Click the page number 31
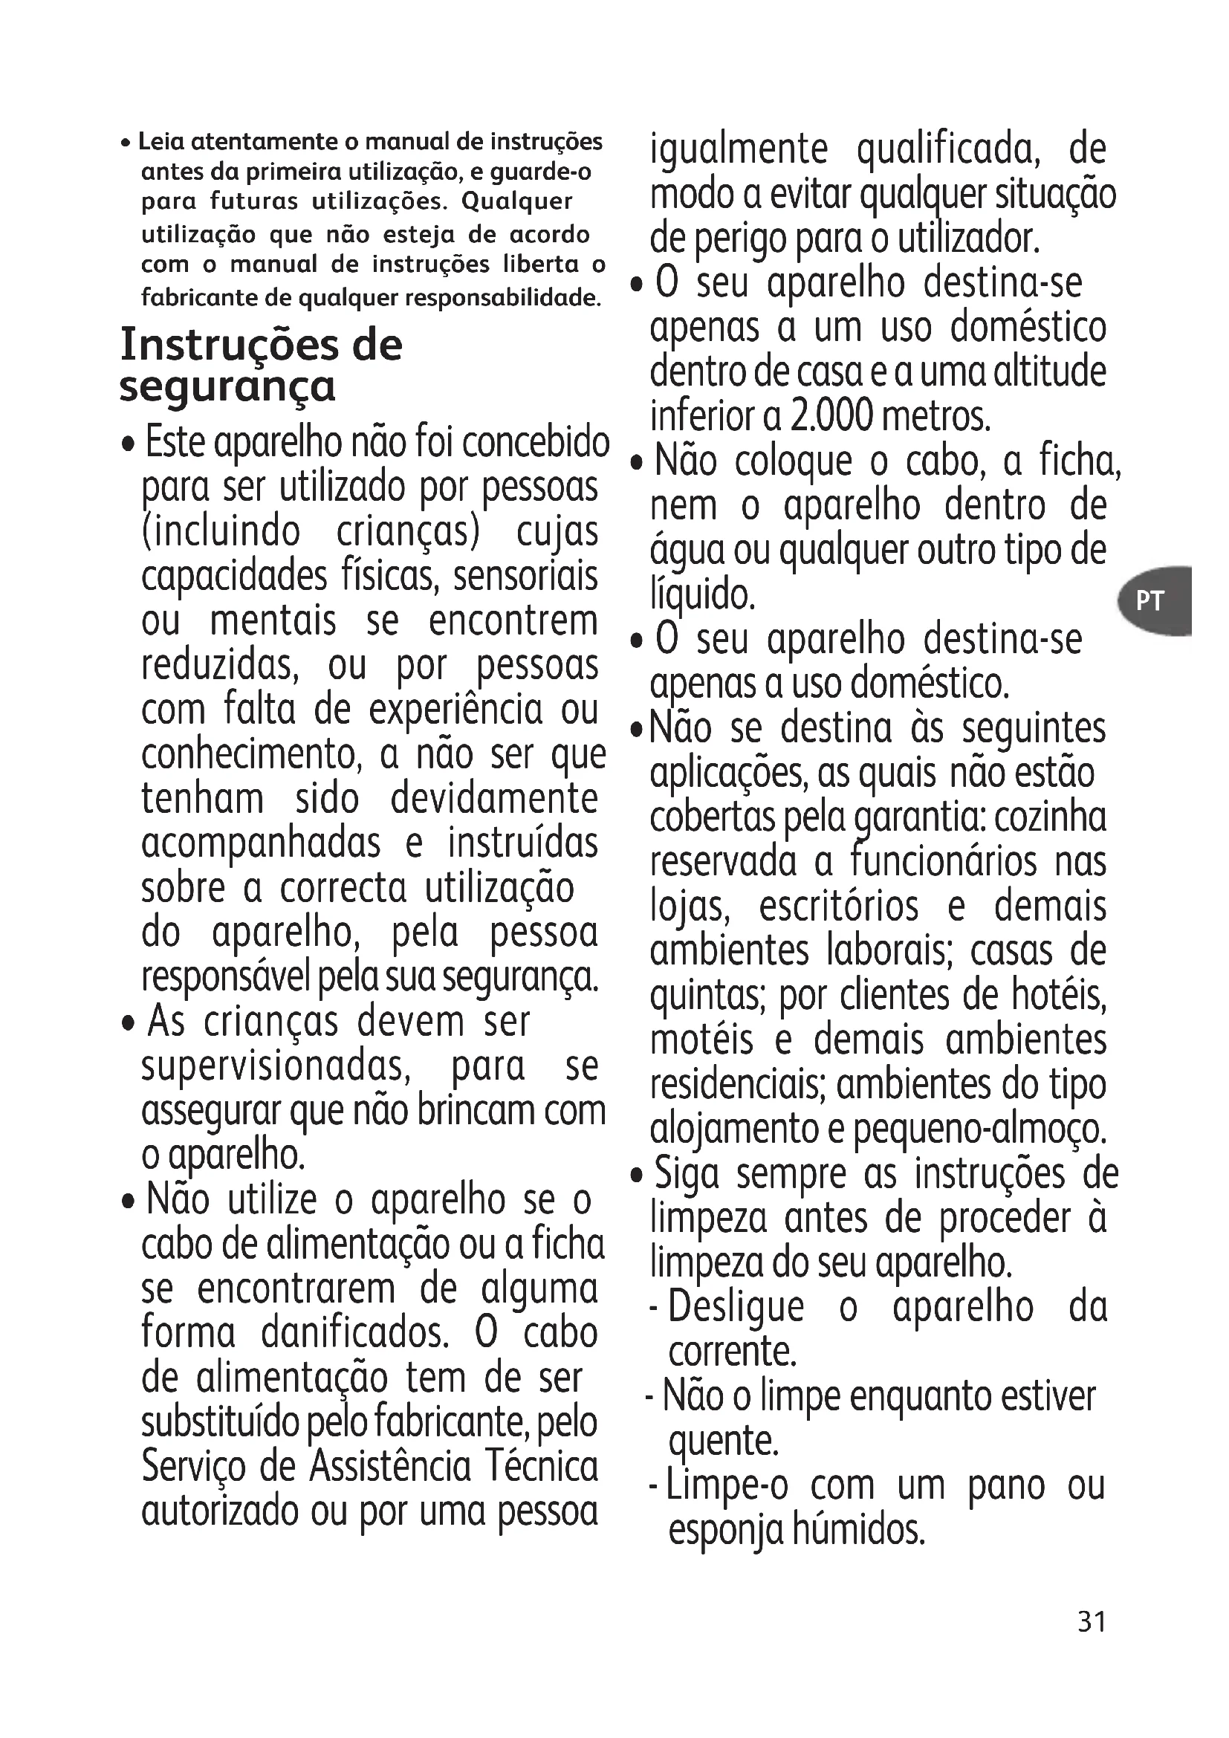(x=1092, y=1621)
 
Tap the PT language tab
(x=1149, y=600)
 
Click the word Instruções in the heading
(x=227, y=345)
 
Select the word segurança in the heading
(x=227, y=388)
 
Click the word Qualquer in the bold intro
(x=517, y=201)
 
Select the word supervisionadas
(x=276, y=1066)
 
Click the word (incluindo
(x=221, y=531)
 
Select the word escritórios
(x=838, y=907)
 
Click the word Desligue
(x=736, y=1307)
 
